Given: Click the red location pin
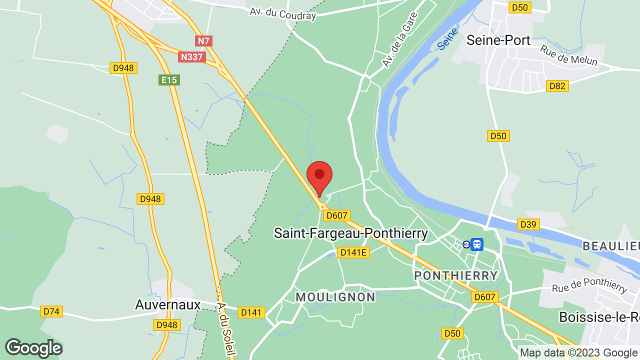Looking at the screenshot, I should (319, 176).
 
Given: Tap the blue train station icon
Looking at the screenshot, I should (477, 244).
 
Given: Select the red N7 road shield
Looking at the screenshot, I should (203, 41).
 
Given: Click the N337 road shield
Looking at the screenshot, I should (191, 57).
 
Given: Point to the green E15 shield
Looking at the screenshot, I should (169, 80).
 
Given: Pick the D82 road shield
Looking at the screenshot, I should (557, 86).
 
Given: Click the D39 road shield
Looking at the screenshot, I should (528, 225).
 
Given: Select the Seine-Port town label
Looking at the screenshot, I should (498, 40).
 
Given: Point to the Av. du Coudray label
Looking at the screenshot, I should (283, 12).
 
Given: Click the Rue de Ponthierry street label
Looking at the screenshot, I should (589, 285).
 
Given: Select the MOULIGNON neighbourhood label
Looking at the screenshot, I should (335, 297).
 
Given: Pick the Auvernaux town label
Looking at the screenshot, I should (168, 304).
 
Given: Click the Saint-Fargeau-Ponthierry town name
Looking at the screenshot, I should (351, 233).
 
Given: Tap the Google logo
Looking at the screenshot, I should (33, 348).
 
